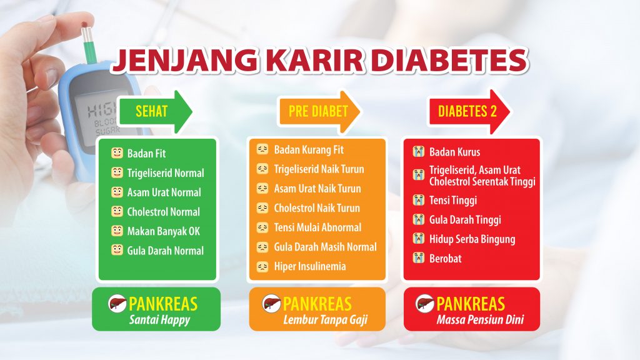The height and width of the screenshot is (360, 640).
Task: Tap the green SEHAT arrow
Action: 155,111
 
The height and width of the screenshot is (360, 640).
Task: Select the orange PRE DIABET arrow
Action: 319,112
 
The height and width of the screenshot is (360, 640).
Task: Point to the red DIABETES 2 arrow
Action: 469,111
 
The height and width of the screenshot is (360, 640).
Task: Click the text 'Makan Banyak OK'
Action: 163,231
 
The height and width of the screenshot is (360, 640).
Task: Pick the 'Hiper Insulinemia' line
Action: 310,266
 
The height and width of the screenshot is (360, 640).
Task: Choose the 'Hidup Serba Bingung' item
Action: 472,239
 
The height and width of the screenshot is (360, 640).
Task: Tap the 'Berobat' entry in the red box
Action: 445,258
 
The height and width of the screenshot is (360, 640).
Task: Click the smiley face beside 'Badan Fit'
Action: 117,153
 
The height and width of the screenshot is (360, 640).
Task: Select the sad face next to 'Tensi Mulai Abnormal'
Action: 262,227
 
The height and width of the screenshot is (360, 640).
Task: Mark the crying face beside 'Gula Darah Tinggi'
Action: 418,219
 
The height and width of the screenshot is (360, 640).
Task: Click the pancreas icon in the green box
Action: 117,304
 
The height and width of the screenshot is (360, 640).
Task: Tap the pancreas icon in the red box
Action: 425,304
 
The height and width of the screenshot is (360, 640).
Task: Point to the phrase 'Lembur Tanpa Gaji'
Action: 325,319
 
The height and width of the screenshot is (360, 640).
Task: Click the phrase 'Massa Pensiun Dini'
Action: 480,319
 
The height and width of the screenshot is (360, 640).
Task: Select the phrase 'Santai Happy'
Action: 159,319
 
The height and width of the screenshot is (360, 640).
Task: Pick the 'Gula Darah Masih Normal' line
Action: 325,247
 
